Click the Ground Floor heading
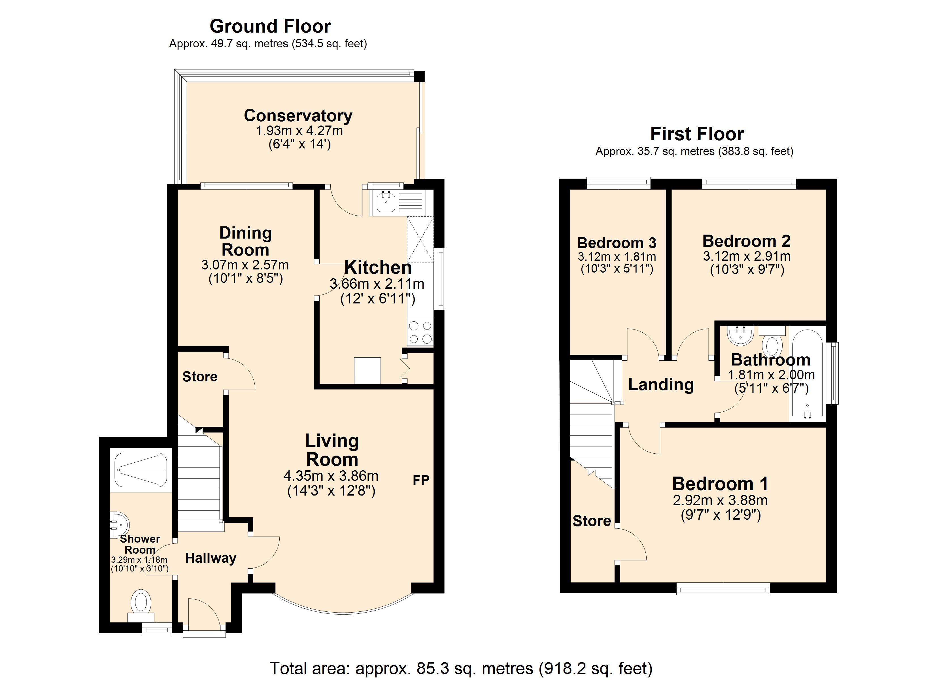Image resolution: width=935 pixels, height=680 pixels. coord(270,26)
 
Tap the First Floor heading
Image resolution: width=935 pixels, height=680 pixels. coord(697,134)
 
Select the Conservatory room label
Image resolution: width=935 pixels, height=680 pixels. coord(298,116)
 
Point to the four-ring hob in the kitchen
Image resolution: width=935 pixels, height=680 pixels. coord(420,332)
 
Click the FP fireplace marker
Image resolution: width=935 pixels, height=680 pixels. coord(421,480)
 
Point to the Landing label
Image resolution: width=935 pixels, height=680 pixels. coord(661,384)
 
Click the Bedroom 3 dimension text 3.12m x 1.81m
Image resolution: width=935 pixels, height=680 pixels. coord(617,256)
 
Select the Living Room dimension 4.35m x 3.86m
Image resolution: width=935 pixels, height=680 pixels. coord(331,476)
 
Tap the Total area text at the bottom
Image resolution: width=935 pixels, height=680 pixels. coord(461,668)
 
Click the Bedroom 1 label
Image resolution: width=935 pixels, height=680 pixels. coord(720,484)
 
